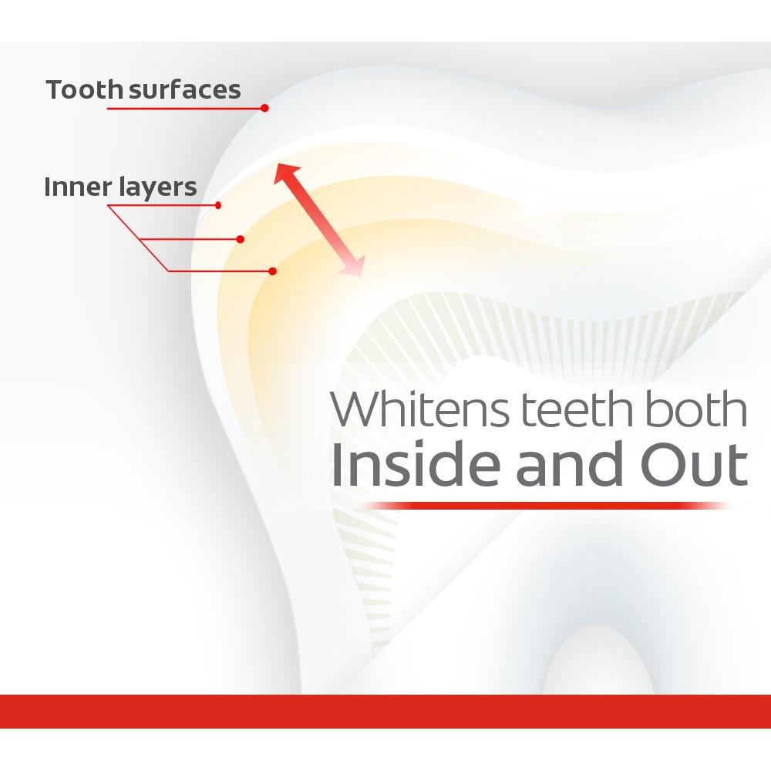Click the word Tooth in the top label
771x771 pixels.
click(x=84, y=89)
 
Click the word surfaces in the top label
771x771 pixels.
click(x=185, y=89)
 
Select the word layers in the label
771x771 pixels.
click(x=157, y=188)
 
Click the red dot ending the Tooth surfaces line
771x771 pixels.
click(x=264, y=108)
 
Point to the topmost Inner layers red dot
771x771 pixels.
click(x=219, y=205)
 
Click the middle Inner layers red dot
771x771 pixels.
click(x=241, y=239)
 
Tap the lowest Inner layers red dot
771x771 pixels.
click(x=273, y=271)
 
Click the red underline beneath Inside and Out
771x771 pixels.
click(x=540, y=506)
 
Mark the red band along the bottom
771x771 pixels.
click(x=385, y=711)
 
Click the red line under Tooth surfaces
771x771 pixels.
click(x=185, y=108)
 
